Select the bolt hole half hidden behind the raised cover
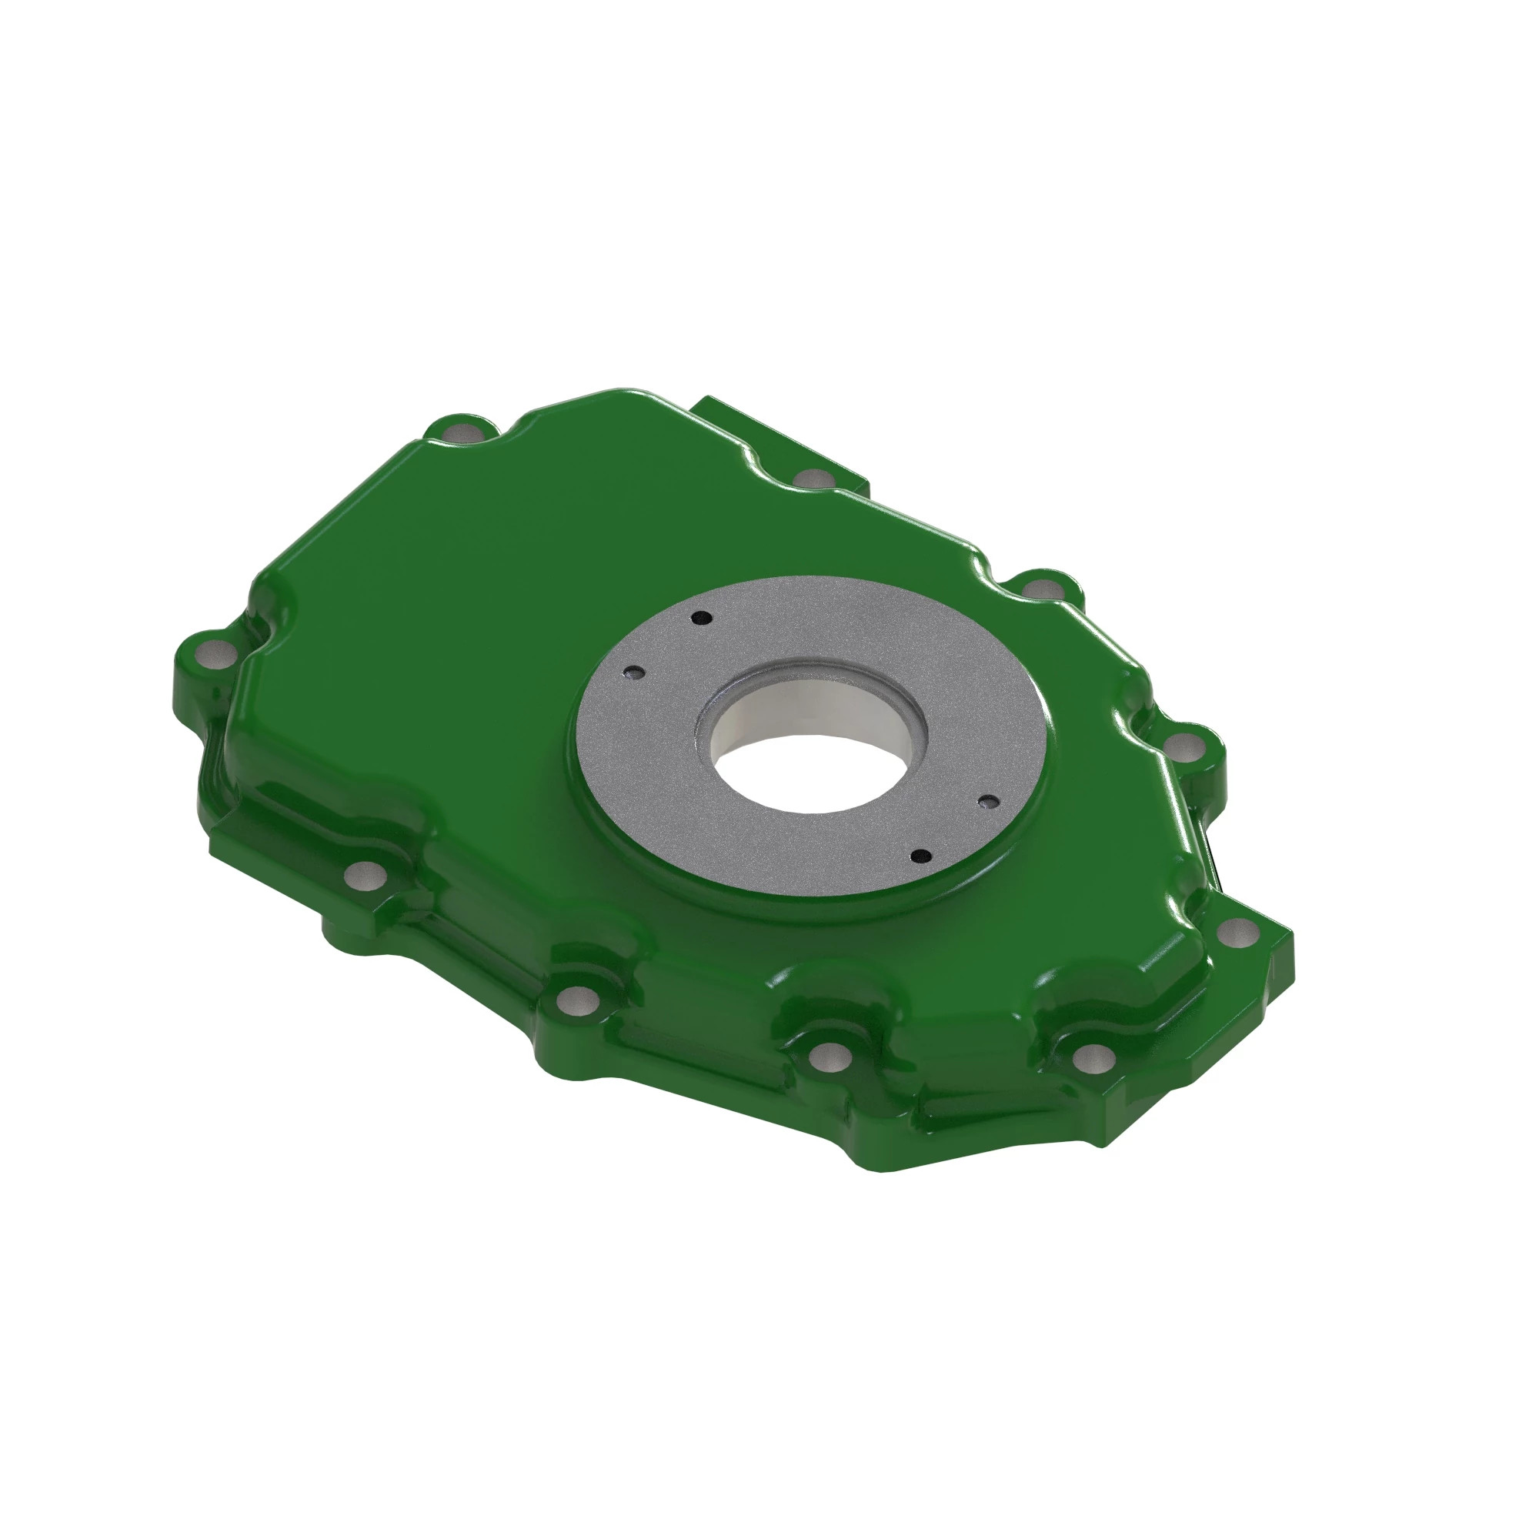812,479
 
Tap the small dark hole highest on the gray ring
702,616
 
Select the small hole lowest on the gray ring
921,856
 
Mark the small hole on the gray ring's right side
989,801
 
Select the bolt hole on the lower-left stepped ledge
366,876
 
